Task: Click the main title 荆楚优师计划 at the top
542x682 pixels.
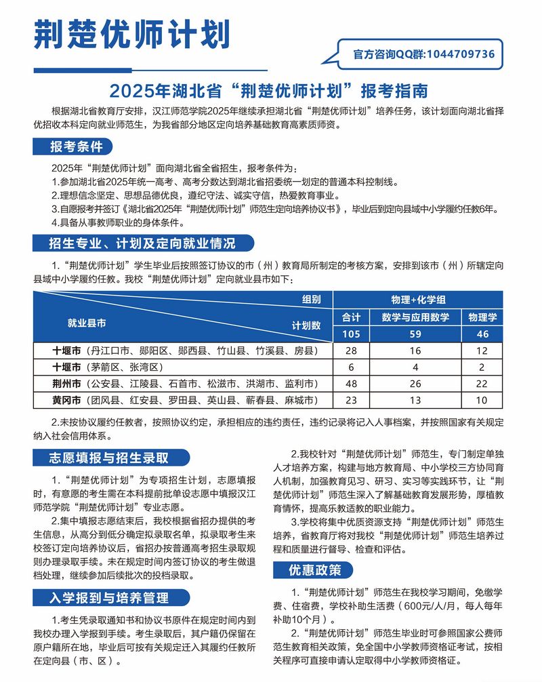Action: click(131, 34)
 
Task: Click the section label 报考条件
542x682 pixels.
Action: click(76, 146)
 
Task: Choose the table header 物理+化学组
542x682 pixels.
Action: click(418, 299)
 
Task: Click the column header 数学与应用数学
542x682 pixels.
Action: click(415, 317)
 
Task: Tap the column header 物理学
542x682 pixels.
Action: click(482, 317)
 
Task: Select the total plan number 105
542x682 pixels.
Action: click(351, 334)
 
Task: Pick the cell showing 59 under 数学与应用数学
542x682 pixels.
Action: click(415, 334)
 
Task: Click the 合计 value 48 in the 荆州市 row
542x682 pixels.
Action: click(351, 384)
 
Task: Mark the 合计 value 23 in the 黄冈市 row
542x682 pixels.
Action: click(351, 400)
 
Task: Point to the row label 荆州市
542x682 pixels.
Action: click(67, 384)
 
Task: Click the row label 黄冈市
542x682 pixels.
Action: click(67, 400)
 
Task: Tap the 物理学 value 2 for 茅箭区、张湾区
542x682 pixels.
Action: click(482, 367)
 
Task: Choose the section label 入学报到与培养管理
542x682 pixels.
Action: click(109, 598)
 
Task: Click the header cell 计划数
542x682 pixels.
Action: click(306, 326)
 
